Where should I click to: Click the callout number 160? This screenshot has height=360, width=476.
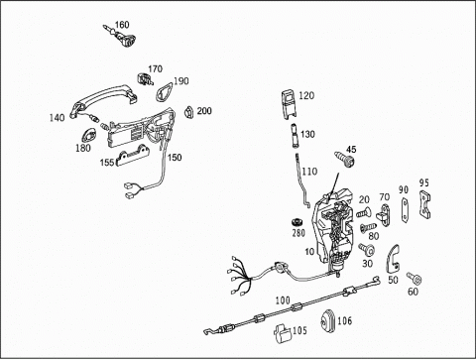(x=122, y=25)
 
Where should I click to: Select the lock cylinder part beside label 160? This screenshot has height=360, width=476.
(x=122, y=37)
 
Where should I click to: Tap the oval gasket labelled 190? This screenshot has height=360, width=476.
(x=164, y=90)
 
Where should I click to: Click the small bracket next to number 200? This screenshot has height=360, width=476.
(x=188, y=112)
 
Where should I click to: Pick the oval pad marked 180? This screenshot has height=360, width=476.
(x=88, y=136)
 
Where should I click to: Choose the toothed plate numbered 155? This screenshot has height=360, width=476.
(x=133, y=156)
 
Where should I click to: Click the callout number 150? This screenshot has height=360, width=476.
(x=175, y=158)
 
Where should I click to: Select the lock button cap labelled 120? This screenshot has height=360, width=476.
(x=289, y=104)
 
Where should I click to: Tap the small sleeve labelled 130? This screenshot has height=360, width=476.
(x=295, y=135)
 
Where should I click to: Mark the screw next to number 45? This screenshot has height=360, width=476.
(x=344, y=159)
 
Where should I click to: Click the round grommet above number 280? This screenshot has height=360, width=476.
(x=297, y=221)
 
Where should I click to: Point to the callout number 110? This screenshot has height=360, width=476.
(x=309, y=172)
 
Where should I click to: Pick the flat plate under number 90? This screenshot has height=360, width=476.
(x=405, y=209)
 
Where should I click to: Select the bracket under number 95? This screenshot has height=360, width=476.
(x=424, y=205)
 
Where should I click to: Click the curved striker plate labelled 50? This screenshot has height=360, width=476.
(x=393, y=259)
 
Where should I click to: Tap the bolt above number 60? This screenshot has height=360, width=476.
(x=415, y=279)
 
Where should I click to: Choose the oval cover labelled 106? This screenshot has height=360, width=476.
(x=328, y=320)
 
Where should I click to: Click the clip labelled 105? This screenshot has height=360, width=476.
(x=282, y=332)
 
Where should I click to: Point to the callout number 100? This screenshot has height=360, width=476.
(x=283, y=300)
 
